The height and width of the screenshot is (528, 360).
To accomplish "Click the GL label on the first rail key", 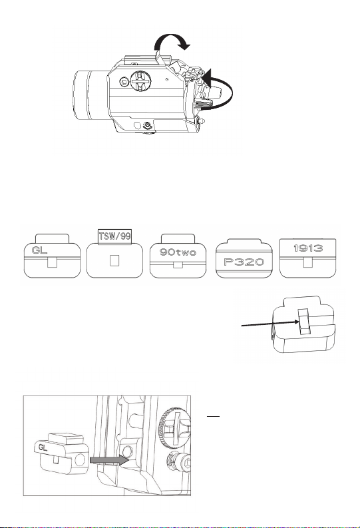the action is [39, 250].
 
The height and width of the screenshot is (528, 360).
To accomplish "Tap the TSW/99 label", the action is [114, 236].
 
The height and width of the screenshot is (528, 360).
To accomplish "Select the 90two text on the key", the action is [178, 252].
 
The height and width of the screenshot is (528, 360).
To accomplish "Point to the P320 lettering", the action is [244, 262].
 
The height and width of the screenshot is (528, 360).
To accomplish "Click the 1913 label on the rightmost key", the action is [308, 248].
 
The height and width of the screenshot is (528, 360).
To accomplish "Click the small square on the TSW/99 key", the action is [114, 260].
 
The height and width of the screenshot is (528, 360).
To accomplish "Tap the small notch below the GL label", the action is [52, 262].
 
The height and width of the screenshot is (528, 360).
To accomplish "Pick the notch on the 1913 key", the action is [308, 262].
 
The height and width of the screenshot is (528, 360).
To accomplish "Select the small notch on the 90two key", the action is [178, 265].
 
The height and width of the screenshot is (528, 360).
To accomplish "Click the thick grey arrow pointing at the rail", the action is [109, 460].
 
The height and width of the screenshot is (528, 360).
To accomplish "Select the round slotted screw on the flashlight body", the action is [140, 81].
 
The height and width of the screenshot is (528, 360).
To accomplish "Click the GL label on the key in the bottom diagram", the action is [43, 447].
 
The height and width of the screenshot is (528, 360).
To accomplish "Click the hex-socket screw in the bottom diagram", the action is [179, 462].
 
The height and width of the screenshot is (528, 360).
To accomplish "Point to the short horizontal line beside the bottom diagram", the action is [213, 417].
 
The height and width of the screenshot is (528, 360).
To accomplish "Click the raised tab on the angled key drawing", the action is [305, 321].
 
